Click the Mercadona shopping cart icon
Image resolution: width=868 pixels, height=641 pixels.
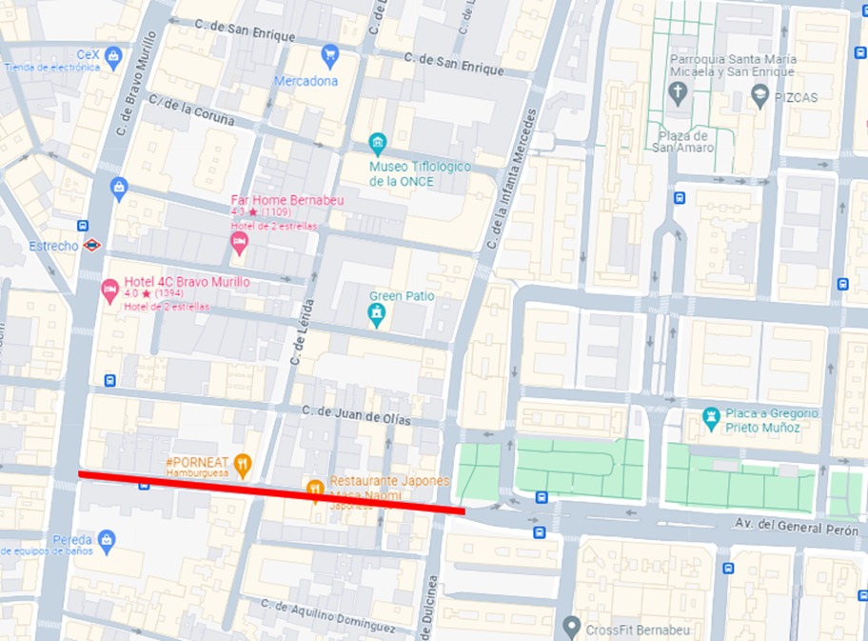(330, 53)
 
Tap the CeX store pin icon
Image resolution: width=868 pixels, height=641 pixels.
(113, 58)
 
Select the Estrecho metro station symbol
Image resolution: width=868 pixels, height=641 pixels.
(91, 245)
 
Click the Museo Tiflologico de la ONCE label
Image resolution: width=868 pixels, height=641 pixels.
(420, 173)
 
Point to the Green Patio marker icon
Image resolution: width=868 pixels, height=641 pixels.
(377, 314)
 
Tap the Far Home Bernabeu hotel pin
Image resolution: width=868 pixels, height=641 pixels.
(239, 244)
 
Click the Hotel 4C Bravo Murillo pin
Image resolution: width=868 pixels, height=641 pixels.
(109, 290)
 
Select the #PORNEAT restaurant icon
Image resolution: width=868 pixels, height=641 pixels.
(243, 465)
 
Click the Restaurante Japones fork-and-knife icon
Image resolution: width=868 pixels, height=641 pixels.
(315, 490)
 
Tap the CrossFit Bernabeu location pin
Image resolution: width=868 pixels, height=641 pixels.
(571, 627)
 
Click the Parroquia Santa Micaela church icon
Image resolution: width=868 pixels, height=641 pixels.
(678, 92)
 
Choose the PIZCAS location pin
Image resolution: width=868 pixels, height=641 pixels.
(759, 94)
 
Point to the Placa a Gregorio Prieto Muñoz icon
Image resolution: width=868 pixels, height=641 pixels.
(710, 417)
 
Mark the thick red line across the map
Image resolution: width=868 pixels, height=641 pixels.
(271, 491)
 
